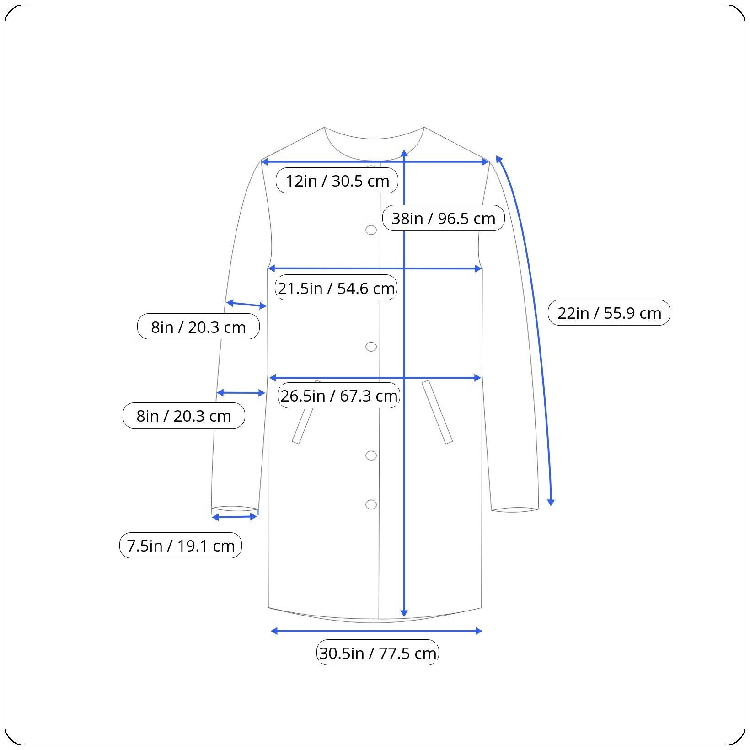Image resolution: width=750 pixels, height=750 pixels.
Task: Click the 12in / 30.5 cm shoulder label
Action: point(337,181)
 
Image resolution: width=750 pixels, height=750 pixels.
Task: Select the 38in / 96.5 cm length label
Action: point(443,218)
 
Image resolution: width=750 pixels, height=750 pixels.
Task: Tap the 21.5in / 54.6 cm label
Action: point(336,288)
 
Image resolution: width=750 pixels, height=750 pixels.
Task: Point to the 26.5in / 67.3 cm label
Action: point(339,396)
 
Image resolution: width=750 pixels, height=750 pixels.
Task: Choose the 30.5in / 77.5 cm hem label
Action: point(377,653)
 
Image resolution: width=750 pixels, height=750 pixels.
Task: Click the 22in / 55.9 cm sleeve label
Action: point(609,313)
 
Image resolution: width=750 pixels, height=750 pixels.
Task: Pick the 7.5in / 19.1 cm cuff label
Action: point(181,546)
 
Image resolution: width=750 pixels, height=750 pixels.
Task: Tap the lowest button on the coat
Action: point(371,504)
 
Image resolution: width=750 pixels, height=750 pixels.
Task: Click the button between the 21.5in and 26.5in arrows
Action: point(371,347)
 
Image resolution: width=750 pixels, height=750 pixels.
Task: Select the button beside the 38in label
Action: point(371,230)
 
